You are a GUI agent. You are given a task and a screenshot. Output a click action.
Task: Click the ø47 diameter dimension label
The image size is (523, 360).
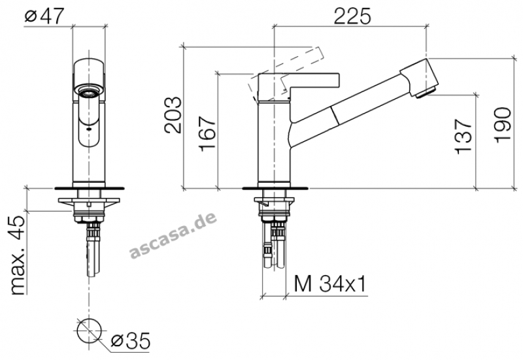click(44, 16)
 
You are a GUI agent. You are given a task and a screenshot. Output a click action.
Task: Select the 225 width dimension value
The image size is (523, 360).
click(352, 16)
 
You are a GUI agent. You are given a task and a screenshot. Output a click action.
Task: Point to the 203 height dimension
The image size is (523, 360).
click(173, 116)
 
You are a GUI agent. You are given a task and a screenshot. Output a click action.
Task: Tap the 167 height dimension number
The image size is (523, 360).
click(207, 134)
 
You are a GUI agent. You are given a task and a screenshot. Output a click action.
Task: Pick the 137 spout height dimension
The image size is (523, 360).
click(464, 137)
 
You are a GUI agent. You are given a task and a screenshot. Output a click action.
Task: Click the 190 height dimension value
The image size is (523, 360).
click(502, 125)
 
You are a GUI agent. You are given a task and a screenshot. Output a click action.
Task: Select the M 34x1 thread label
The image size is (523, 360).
click(330, 284)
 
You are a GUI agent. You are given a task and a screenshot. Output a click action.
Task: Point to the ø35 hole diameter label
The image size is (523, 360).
click(130, 340)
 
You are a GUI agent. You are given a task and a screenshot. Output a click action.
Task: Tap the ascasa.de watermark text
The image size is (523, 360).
click(173, 236)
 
